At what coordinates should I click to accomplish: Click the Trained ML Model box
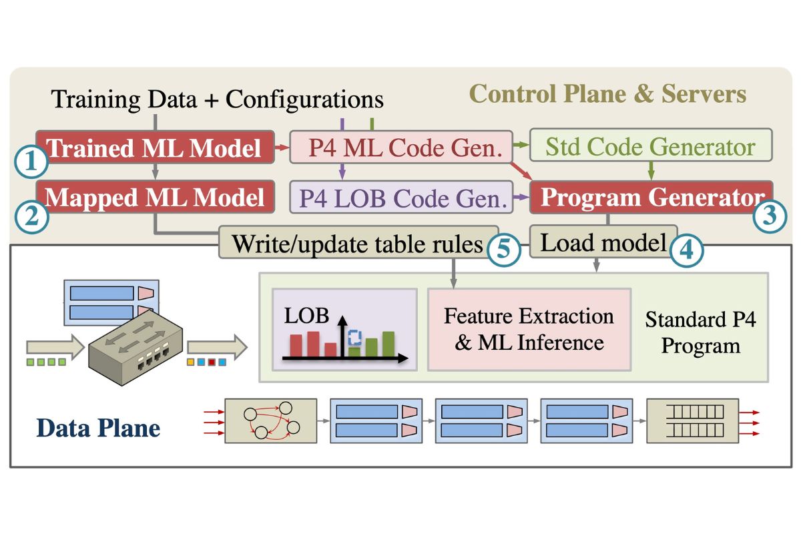[x=156, y=148]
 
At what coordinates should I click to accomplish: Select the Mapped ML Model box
[x=156, y=198]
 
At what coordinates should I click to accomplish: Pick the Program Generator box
[x=651, y=198]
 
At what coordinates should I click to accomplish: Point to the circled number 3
[x=770, y=215]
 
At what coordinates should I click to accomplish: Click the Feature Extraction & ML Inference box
[x=529, y=329]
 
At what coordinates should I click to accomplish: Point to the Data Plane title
[x=98, y=427]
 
